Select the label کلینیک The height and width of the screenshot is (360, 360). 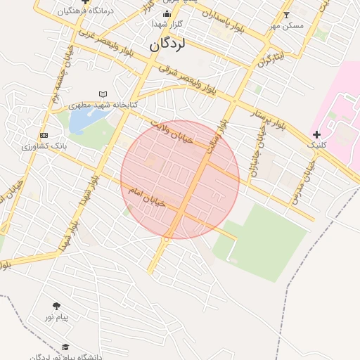click(x=316, y=144)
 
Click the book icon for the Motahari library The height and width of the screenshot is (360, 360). click(x=104, y=94)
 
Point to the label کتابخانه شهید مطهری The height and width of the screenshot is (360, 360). click(x=103, y=104)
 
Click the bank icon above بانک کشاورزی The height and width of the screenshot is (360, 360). click(x=44, y=135)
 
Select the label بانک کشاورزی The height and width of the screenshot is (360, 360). click(x=44, y=146)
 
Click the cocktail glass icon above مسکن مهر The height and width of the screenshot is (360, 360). click(x=285, y=15)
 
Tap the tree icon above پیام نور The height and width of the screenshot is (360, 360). click(x=56, y=306)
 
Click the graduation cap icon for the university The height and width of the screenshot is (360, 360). click(x=65, y=347)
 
